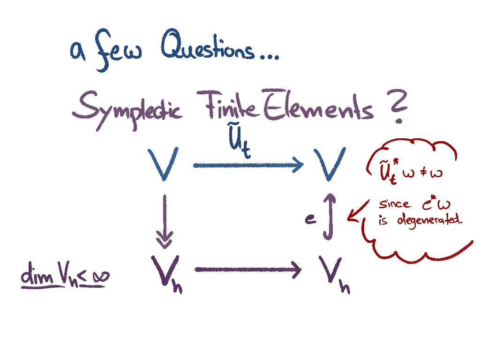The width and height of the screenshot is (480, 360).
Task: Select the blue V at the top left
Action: [163, 163]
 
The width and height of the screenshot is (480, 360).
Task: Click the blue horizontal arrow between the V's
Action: [248, 165]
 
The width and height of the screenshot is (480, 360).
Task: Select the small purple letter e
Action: [310, 219]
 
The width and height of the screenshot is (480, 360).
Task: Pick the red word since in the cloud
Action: [394, 204]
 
